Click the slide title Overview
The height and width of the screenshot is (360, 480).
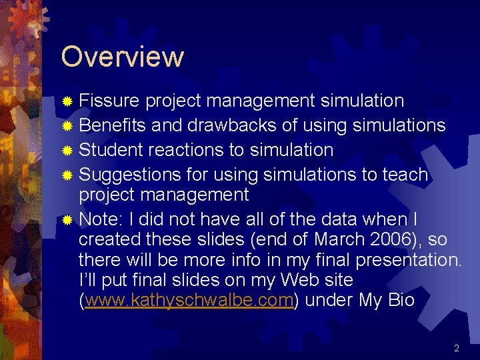(122, 57)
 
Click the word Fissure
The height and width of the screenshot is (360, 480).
(109, 101)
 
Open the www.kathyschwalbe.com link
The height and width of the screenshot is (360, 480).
(189, 301)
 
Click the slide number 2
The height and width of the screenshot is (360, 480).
(457, 348)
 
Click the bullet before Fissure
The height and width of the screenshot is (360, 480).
(67, 101)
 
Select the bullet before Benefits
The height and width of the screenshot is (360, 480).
(67, 125)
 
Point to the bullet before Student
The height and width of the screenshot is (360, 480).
(67, 150)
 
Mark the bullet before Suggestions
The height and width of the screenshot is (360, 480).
(67, 175)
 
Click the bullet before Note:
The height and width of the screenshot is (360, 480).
(67, 220)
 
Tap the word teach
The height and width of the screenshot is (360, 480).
(405, 175)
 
